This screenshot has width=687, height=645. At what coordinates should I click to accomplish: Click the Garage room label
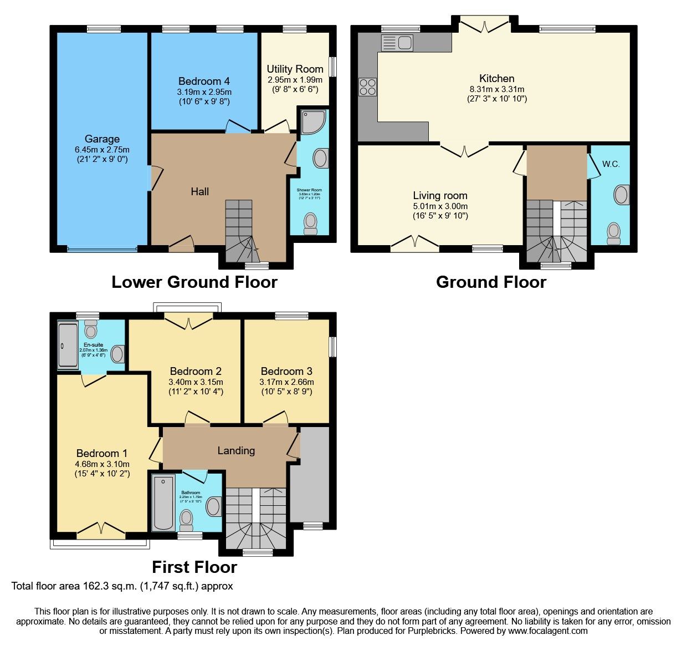102,139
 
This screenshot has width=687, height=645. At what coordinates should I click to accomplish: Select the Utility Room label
295,69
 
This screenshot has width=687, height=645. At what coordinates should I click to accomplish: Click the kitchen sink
397,43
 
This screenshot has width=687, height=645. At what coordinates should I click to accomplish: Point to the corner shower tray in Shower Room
314,121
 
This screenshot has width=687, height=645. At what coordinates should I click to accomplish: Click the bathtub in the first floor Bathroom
163,502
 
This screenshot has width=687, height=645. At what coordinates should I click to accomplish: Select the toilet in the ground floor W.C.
613,233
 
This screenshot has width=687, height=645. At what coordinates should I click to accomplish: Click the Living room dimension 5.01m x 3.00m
440,206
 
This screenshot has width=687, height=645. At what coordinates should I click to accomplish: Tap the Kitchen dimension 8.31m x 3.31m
496,89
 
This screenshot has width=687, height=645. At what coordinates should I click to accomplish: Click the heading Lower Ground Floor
194,282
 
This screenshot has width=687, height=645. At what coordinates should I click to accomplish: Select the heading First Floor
194,567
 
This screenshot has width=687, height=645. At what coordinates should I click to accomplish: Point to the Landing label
236,450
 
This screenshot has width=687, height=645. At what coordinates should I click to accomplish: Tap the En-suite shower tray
68,345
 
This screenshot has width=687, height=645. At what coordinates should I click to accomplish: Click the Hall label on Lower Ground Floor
199,191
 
